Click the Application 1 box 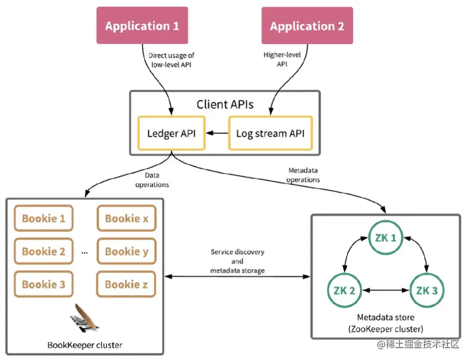[x=142, y=26]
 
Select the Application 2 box [x=307, y=26]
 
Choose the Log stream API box [x=270, y=133]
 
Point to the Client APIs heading [x=225, y=105]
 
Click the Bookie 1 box [x=44, y=219]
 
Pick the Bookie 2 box [x=44, y=251]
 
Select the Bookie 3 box [x=44, y=284]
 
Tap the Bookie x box [x=126, y=219]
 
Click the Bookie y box [x=126, y=251]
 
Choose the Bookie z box [x=126, y=284]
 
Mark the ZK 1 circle [x=385, y=238]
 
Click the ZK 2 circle [x=345, y=290]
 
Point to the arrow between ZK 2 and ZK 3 [x=385, y=291]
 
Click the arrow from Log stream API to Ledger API [x=217, y=134]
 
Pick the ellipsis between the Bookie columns [x=84, y=253]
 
